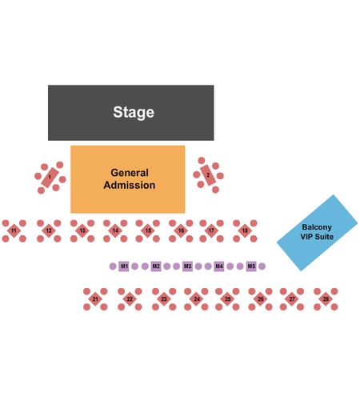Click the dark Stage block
coord(130,113)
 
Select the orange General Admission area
coord(128,179)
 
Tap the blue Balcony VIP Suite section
coord(317,233)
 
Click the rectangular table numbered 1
coord(50,178)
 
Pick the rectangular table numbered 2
coord(208,175)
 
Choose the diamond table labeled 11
coord(14,230)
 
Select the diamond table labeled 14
coord(115,230)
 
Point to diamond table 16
coord(181,230)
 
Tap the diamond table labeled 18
coord(245,230)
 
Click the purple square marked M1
coord(124,266)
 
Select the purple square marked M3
coord(187,266)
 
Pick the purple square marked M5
coord(251,266)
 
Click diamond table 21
coord(95,299)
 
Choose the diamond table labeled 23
coord(164,299)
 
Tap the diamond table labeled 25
coord(227,299)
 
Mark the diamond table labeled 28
coord(326,299)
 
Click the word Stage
coord(134,112)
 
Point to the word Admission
coord(130,185)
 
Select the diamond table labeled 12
coord(49,230)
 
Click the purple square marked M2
coord(156,266)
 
